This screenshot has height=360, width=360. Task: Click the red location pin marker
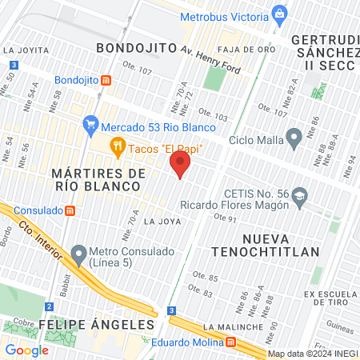(181, 164)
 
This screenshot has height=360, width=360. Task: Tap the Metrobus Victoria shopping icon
(279, 13)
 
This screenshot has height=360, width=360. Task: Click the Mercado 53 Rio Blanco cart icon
(90, 126)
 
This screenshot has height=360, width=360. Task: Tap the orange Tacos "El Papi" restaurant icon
(118, 146)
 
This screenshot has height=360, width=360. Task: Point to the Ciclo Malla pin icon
(294, 139)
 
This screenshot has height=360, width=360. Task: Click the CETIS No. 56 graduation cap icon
(299, 197)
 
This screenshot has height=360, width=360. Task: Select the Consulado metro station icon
(70, 210)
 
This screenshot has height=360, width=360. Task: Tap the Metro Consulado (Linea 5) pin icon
(78, 255)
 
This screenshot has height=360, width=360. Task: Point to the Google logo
(26, 350)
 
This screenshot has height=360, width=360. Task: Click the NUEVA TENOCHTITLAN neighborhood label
(280, 244)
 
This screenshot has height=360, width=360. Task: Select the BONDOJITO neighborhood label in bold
(136, 48)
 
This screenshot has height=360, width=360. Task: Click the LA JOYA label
(158, 222)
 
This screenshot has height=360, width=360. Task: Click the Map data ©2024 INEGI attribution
(311, 353)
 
